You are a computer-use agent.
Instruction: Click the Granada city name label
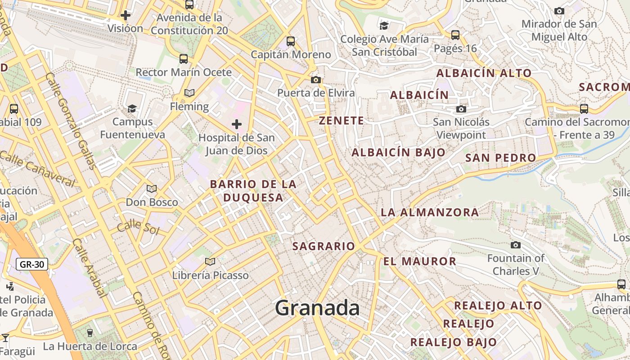[317, 308]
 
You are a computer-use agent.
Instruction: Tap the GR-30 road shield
[32, 264]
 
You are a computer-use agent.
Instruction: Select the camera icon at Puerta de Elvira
[316, 80]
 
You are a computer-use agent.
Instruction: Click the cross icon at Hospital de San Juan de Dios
[237, 124]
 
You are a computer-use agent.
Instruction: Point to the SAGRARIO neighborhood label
[324, 246]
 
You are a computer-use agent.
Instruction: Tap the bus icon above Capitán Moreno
[291, 41]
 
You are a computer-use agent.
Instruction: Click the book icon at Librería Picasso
[210, 261]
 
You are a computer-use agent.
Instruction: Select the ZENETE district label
[341, 121]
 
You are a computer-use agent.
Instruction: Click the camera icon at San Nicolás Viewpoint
[461, 109]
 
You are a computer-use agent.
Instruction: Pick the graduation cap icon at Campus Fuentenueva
[132, 108]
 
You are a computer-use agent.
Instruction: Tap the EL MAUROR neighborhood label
[420, 261]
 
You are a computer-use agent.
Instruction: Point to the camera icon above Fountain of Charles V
[516, 245]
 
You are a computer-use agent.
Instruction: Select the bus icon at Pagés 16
[455, 35]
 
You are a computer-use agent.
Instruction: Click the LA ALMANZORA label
[430, 212]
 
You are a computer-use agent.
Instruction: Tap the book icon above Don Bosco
[152, 189]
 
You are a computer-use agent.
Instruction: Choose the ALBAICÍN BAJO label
[398, 153]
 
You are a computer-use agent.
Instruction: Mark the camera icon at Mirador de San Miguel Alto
[559, 11]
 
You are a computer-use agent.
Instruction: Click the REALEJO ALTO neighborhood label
[498, 306]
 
